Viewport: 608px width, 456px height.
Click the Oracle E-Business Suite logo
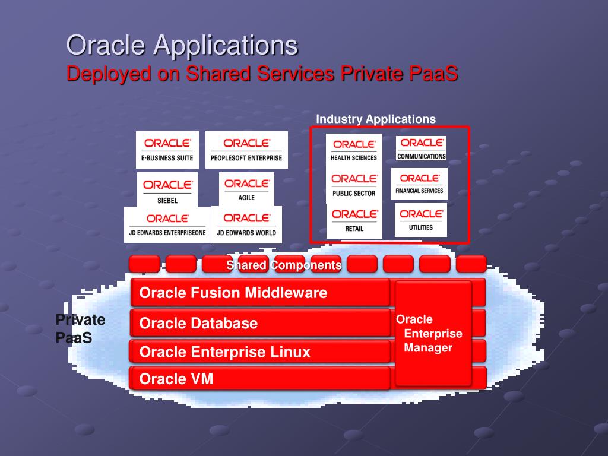pyautogui.click(x=167, y=150)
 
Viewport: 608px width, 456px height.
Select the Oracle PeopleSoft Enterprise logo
pyautogui.click(x=246, y=150)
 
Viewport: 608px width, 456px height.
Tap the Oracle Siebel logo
pyautogui.click(x=167, y=190)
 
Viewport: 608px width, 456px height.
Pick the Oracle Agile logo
pyautogui.click(x=246, y=189)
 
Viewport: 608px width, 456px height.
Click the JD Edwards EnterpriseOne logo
pyautogui.click(x=167, y=224)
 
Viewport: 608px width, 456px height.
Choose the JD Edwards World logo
pyautogui.click(x=246, y=224)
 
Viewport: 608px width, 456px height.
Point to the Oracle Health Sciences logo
pyautogui.click(x=354, y=150)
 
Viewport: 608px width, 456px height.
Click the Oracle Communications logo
pyautogui.click(x=421, y=148)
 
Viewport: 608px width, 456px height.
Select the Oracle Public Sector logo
pyautogui.click(x=354, y=185)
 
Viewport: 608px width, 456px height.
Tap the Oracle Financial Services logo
pyautogui.click(x=419, y=183)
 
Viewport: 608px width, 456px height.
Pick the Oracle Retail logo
pyautogui.click(x=354, y=220)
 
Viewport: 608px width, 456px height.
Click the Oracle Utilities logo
pyautogui.click(x=420, y=219)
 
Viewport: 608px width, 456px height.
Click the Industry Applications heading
pyautogui.click(x=375, y=119)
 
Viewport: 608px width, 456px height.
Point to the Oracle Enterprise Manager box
pyautogui.click(x=433, y=334)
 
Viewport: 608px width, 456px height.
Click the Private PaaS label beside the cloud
pyautogui.click(x=80, y=329)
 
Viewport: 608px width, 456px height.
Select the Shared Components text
pyautogui.click(x=284, y=265)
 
